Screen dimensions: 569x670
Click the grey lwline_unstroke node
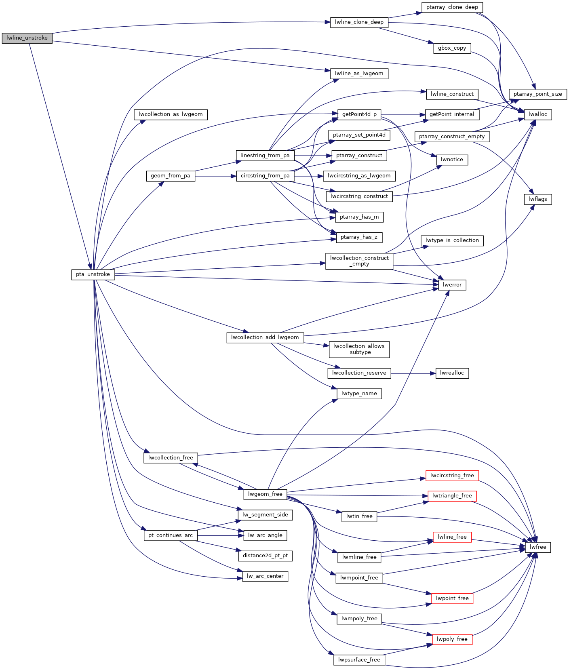(x=27, y=38)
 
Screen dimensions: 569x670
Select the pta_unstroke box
(x=93, y=274)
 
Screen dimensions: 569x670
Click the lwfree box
(x=538, y=547)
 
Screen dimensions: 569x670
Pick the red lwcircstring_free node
(x=452, y=476)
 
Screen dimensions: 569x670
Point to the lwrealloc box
(x=452, y=373)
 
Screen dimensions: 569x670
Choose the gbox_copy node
(x=452, y=48)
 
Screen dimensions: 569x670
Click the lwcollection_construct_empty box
(x=359, y=261)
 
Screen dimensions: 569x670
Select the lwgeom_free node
(x=265, y=494)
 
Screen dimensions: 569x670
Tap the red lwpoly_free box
(x=452, y=639)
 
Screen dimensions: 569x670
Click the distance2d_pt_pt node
(x=265, y=556)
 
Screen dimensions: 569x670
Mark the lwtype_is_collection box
(x=452, y=240)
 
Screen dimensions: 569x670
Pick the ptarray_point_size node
(x=537, y=94)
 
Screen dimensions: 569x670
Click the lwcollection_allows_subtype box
(x=359, y=350)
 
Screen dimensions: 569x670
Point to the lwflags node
(x=537, y=199)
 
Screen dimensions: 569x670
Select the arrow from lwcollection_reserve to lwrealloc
(x=413, y=373)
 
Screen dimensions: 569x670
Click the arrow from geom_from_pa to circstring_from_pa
(x=215, y=176)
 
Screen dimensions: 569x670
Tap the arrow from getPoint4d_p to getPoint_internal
(x=403, y=114)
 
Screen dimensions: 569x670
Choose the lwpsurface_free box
(x=359, y=660)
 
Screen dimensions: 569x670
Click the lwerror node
(x=452, y=285)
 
